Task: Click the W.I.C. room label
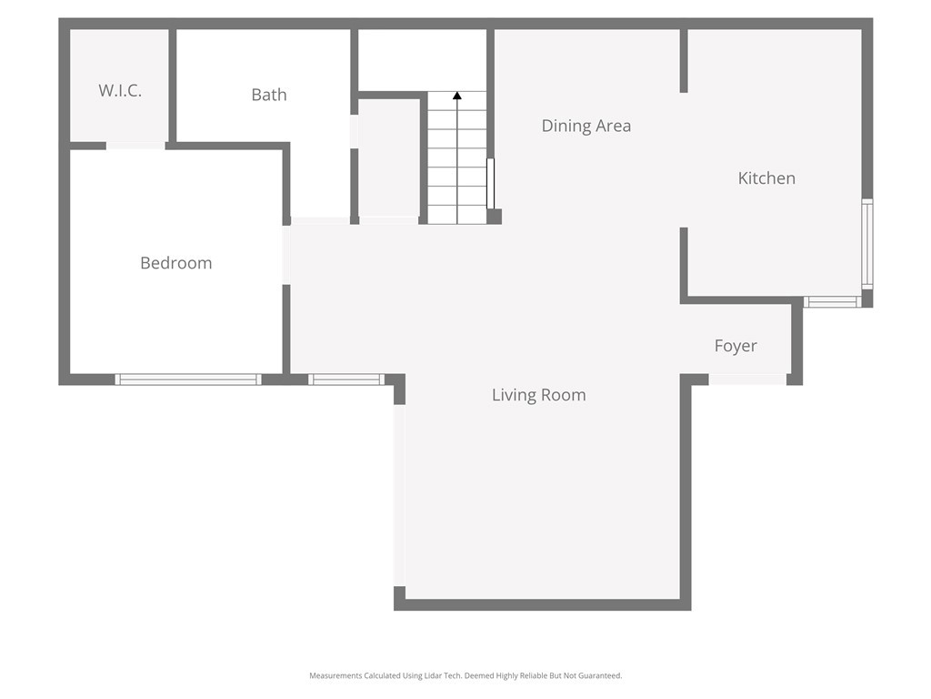120,91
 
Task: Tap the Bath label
269,95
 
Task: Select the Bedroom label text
175,263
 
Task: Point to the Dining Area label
586,126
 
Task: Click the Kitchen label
766,178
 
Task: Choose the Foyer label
735,346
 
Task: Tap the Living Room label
538,395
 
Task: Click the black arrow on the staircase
457,96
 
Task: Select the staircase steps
457,164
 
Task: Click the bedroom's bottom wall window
188,380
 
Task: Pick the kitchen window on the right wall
866,244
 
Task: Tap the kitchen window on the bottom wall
832,301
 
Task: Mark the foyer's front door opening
747,380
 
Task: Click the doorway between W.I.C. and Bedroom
135,146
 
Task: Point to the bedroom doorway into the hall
286,255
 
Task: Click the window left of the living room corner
346,380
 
